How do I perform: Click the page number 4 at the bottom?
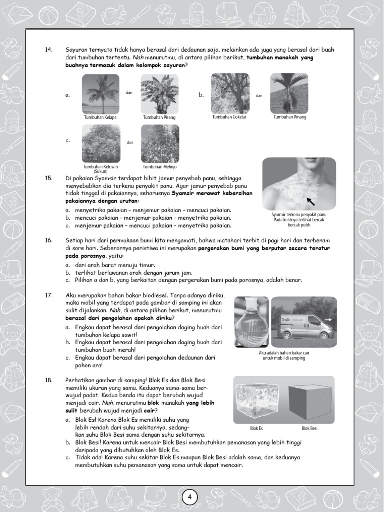coord(190,497)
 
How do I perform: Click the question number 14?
coord(49,50)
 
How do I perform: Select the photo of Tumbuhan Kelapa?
coord(100,94)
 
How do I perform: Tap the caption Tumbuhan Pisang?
coord(159,118)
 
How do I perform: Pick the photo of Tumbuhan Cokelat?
coord(230,93)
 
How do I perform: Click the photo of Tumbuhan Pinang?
coord(289,93)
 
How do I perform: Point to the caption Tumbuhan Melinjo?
coord(160,167)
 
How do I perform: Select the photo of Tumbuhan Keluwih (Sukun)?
coord(100,144)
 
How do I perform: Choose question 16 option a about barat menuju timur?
coord(110,264)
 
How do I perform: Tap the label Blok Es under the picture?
coord(256,428)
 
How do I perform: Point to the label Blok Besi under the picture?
coord(310,428)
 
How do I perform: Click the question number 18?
coord(49,380)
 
